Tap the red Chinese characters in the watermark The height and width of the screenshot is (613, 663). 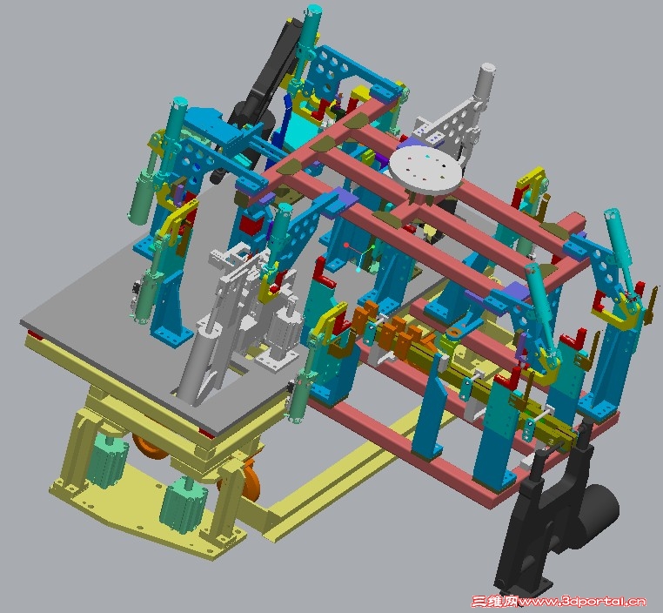494,601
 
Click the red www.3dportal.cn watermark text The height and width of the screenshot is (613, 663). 582,602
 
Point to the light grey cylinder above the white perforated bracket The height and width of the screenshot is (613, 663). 485,82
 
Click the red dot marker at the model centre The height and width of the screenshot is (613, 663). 346,245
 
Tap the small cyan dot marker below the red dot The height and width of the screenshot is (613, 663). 358,269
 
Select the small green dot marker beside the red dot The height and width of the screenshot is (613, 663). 373,246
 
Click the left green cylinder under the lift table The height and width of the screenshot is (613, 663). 105,461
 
